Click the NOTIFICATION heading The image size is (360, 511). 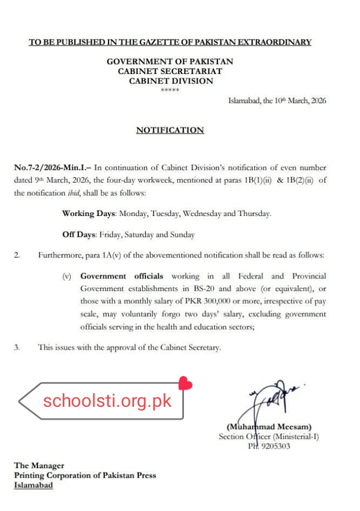[170, 130]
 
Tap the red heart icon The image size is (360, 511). [185, 383]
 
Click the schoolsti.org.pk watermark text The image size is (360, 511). [108, 400]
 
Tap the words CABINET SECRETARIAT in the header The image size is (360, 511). [170, 71]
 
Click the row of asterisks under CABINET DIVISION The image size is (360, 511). [170, 90]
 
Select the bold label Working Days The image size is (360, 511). [85, 214]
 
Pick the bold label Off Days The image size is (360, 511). [78, 235]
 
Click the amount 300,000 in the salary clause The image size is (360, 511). [207, 302]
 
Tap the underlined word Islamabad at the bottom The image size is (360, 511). [33, 485]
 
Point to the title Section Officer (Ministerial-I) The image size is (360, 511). [268, 437]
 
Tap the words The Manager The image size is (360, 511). [39, 465]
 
